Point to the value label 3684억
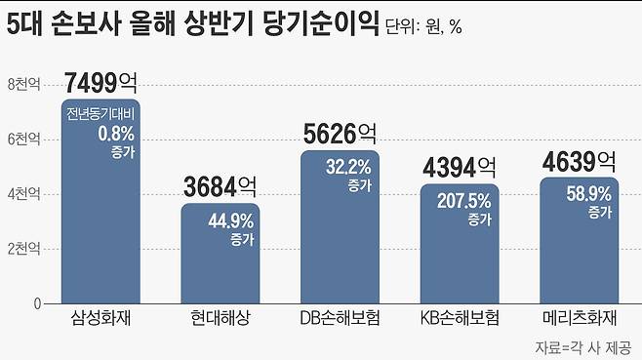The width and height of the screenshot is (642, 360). (221, 186)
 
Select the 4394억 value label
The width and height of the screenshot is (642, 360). (460, 167)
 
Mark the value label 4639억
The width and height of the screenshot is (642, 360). (580, 160)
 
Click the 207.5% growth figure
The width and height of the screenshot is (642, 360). (464, 202)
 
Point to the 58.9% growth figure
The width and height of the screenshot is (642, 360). (588, 194)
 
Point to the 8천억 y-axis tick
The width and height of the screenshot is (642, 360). (23, 84)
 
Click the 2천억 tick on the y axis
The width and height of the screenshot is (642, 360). (23, 249)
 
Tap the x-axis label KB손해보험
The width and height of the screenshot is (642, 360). (460, 319)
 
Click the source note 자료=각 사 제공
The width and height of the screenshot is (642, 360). (582, 346)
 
